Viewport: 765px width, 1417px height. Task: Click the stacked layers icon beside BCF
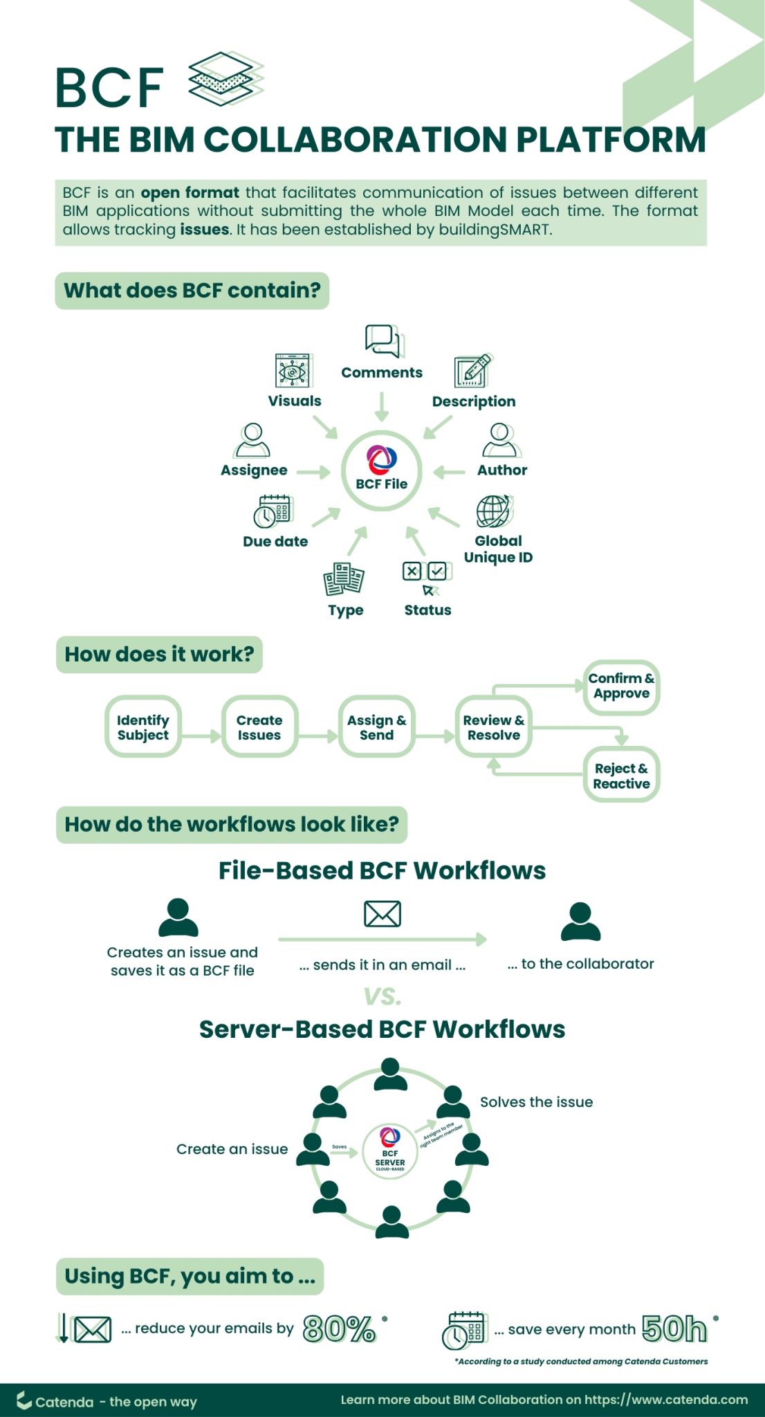point(225,79)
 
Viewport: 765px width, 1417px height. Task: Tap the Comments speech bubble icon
point(384,340)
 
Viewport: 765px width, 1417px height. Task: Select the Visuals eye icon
point(293,371)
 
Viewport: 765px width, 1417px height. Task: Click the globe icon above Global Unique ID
point(493,511)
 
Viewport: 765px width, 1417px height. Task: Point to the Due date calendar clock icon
point(273,511)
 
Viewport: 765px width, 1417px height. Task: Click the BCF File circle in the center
point(382,470)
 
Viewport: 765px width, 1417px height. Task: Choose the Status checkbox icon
point(427,576)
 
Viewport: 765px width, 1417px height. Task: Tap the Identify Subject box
point(143,726)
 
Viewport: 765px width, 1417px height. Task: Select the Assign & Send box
point(376,726)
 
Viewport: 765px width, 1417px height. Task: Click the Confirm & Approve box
point(621,686)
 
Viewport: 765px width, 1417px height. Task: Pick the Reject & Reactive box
point(621,775)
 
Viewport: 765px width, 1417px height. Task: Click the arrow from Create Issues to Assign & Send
point(318,735)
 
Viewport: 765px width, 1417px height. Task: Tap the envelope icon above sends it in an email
point(383,913)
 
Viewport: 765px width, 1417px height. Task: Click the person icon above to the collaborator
point(580,921)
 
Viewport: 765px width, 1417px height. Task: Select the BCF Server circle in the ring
point(390,1151)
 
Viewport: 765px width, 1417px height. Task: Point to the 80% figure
point(340,1328)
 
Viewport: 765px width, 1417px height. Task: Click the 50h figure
point(674,1328)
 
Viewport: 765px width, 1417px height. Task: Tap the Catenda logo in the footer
point(25,1400)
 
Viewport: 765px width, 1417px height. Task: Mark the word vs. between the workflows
point(383,996)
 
